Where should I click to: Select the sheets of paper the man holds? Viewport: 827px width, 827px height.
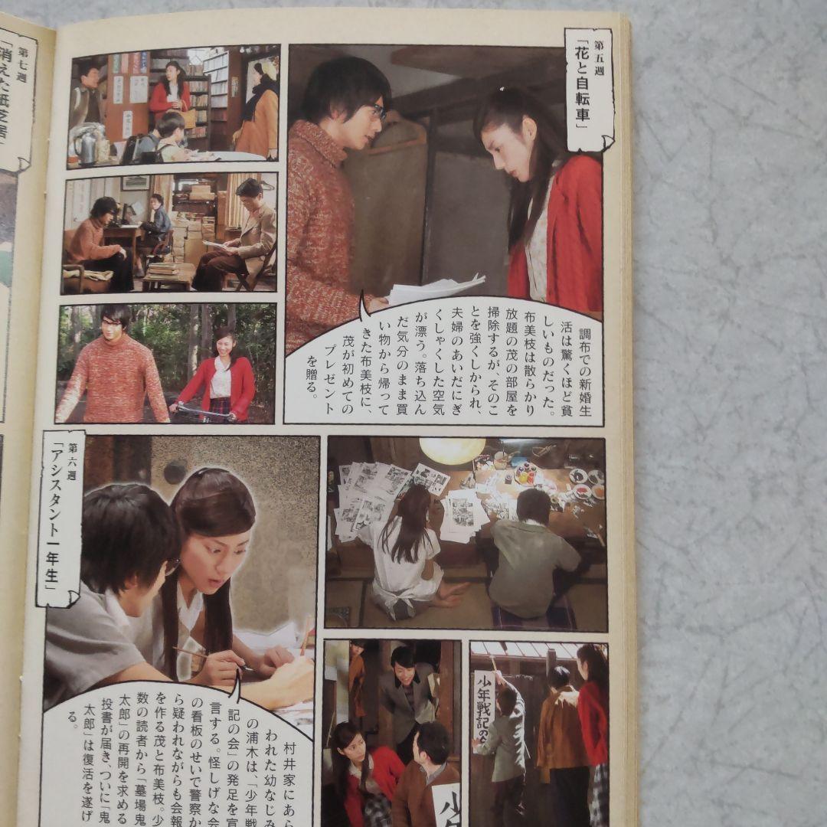pos(433,289)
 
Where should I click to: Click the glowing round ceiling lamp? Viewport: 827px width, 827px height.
pos(452,450)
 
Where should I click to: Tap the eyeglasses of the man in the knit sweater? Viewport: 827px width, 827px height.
pos(378,112)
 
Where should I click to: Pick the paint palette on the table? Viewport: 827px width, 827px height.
pos(526,473)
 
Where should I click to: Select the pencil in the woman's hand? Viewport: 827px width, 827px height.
pos(199,655)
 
